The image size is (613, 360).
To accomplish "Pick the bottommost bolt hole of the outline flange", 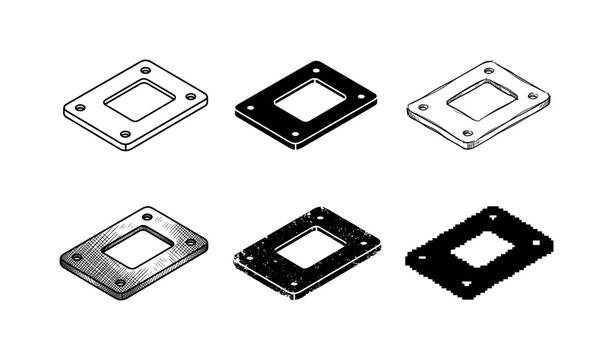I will coord(125,133).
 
